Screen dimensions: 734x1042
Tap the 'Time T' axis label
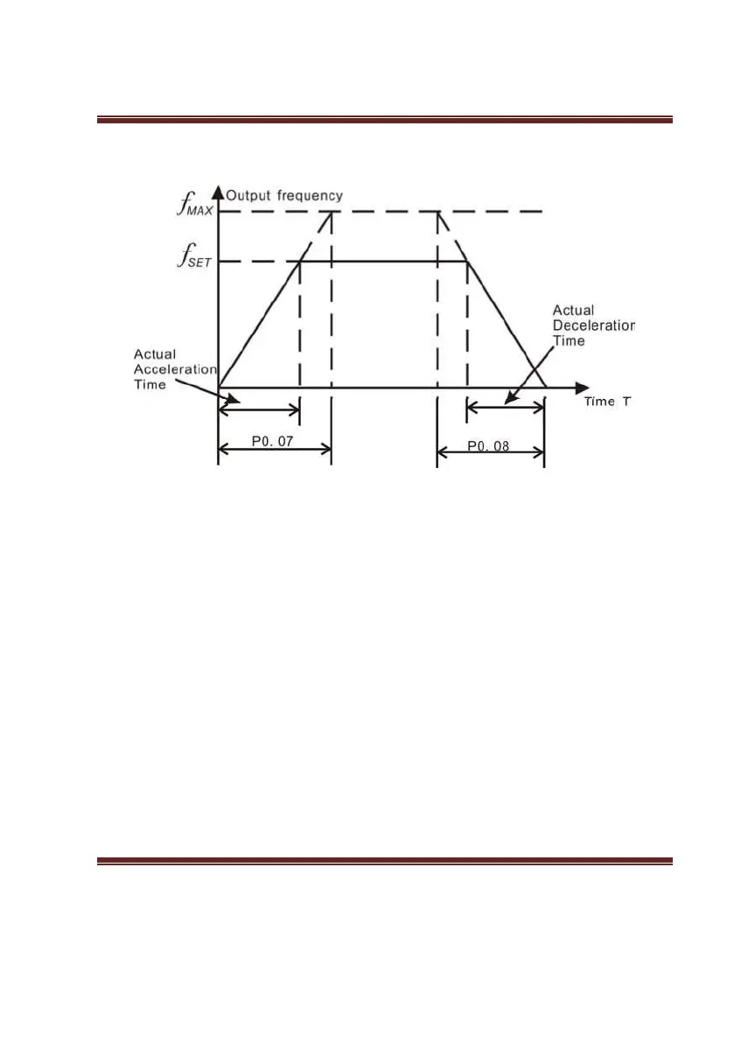(x=608, y=402)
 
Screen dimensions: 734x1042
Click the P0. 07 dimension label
(x=274, y=442)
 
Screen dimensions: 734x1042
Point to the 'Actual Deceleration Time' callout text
(x=593, y=325)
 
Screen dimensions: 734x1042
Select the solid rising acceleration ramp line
(x=259, y=324)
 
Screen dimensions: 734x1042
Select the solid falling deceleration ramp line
(x=506, y=324)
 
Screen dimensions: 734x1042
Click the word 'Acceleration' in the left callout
(x=175, y=369)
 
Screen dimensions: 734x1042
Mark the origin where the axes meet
(x=219, y=387)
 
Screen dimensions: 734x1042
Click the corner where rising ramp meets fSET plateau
(x=300, y=261)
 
